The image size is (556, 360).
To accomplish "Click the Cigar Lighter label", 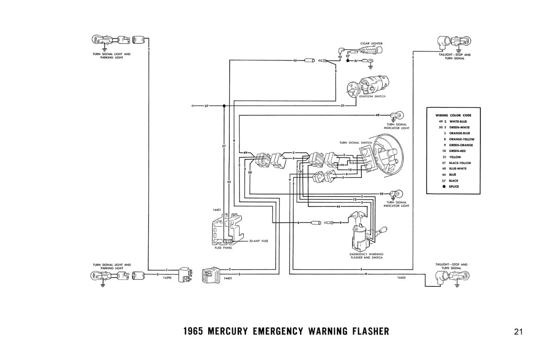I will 371,44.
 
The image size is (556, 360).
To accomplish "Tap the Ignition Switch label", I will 373,96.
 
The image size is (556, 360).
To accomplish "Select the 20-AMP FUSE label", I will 259,241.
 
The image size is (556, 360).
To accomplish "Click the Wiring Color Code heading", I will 453,115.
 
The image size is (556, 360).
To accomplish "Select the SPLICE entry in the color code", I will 453,187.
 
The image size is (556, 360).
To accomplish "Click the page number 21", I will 518,331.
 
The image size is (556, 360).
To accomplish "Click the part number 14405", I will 401,278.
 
